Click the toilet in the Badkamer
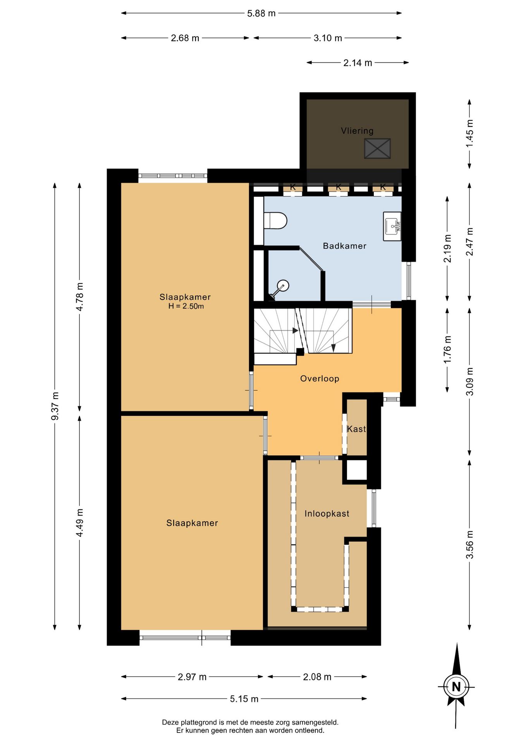275,220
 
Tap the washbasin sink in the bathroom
392,226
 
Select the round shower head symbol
284,286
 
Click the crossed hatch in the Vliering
377,148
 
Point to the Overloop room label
320,379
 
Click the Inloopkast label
327,513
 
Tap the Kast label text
356,429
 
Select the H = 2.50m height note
186,306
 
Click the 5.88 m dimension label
261,13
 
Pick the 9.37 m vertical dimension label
55,406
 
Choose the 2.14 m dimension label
358,63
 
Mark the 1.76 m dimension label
447,350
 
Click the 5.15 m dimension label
244,699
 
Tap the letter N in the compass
456,687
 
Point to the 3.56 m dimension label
469,544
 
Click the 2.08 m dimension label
317,677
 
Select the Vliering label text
357,131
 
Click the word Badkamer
345,246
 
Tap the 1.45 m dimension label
469,133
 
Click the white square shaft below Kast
356,470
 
